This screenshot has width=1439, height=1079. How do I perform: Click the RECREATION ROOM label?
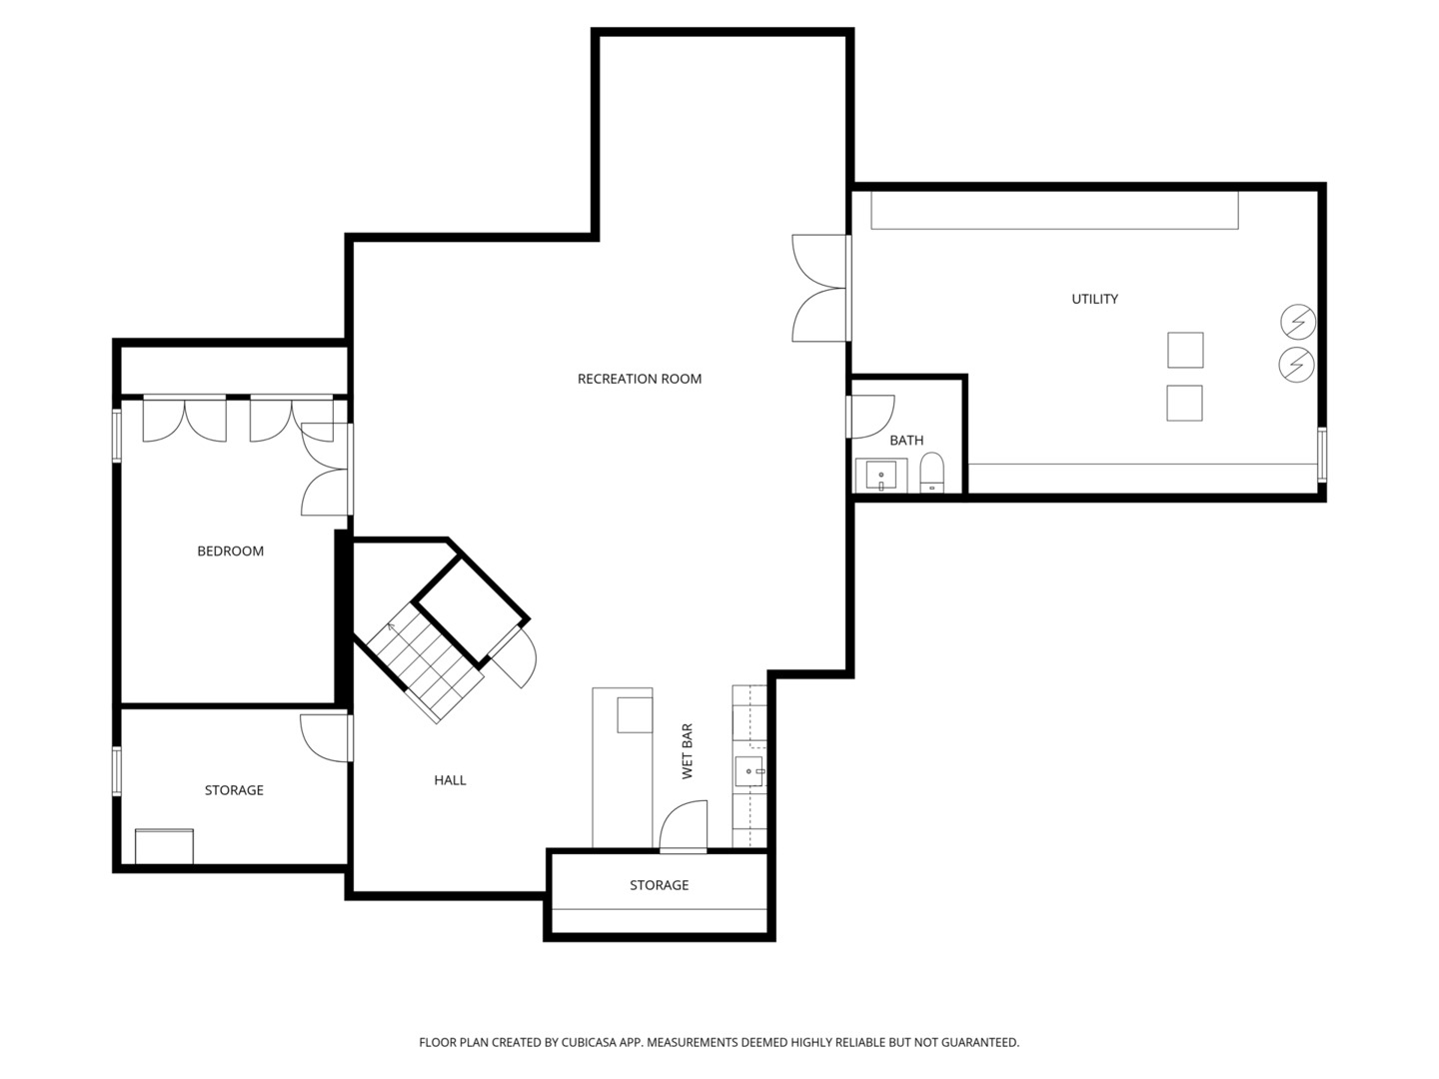[640, 379]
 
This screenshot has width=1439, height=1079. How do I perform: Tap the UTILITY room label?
[1094, 299]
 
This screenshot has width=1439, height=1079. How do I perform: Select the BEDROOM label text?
[230, 550]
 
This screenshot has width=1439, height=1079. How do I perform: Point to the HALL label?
[450, 780]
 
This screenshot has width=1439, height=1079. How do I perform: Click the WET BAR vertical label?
[688, 751]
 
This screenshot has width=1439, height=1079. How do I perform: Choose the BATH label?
[906, 440]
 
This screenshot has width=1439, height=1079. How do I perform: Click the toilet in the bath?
[931, 473]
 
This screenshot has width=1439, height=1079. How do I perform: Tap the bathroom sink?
[881, 476]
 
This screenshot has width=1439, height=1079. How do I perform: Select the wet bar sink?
[749, 771]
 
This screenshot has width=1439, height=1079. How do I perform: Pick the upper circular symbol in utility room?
[1297, 322]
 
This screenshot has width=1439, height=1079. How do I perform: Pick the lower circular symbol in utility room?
[1297, 365]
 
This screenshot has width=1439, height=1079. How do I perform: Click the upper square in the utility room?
[1185, 350]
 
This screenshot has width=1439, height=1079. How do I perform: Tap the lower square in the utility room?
[1184, 403]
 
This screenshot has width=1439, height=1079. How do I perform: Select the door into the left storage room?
[325, 738]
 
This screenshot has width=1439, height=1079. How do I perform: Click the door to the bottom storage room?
[684, 827]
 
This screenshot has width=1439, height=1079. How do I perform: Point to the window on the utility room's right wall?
[1322, 455]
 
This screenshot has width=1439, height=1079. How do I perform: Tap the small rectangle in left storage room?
[164, 846]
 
